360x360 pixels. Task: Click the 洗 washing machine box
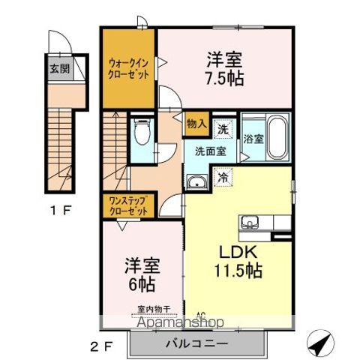tap(223, 129)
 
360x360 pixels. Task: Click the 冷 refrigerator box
tap(223, 178)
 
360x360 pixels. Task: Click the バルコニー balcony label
tap(196, 343)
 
